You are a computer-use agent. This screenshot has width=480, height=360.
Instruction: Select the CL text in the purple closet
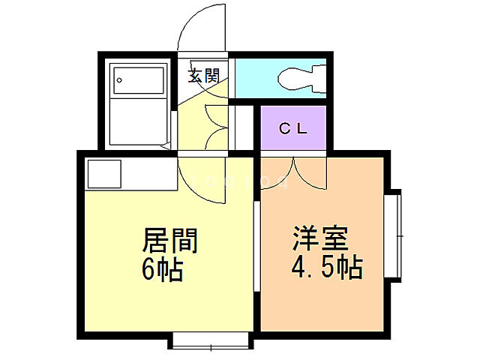click(293, 128)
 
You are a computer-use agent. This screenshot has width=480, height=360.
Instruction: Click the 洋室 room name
click(320, 241)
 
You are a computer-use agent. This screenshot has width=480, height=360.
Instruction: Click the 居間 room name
click(170, 241)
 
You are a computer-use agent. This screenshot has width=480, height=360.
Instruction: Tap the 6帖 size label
click(162, 268)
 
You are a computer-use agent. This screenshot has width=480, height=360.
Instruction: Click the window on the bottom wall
click(211, 340)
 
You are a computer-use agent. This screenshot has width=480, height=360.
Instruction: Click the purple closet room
click(293, 139)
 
